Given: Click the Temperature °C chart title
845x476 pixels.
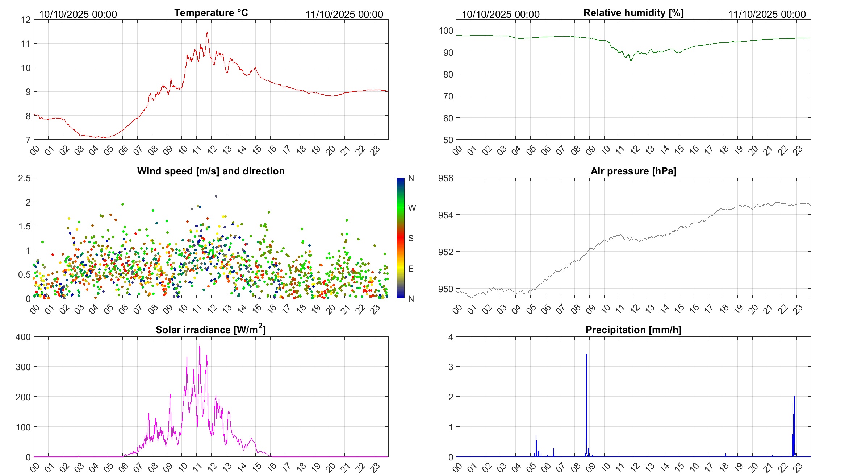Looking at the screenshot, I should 211,13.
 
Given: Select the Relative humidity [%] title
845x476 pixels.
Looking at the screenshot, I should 633,13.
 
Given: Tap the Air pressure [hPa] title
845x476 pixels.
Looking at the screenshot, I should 633,171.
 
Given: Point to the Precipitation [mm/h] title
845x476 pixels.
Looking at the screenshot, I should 633,330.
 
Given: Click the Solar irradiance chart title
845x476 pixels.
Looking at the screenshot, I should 211,330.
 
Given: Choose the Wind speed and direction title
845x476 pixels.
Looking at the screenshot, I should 211,171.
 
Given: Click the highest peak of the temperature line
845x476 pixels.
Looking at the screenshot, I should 207,32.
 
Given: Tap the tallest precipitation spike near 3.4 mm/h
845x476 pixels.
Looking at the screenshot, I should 586,354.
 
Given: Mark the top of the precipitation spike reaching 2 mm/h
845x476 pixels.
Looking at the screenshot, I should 794,396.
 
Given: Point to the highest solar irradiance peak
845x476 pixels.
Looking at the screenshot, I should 200,344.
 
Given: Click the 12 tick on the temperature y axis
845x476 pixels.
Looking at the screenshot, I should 26,20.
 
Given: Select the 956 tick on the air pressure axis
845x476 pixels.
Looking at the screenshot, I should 445,178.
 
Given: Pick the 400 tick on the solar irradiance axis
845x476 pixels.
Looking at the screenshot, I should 23,337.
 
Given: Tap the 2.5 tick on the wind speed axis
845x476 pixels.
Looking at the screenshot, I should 25,178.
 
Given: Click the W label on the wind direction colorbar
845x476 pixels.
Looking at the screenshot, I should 412,208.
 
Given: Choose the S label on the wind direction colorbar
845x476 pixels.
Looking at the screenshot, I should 411,238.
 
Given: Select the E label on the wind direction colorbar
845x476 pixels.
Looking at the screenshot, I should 411,269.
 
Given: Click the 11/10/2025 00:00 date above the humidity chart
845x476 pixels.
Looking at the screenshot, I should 767,14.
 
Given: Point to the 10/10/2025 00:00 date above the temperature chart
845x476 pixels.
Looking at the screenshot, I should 78,14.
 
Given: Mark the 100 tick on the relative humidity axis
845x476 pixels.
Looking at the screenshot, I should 445,30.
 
